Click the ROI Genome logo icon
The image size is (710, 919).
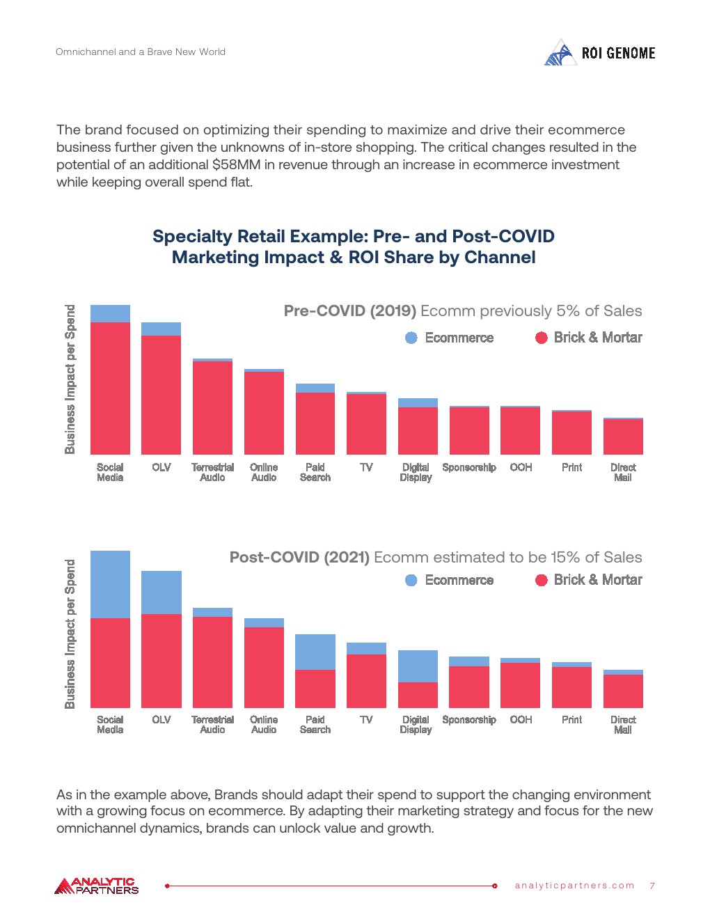click(x=560, y=54)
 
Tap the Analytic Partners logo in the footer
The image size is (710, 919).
click(x=97, y=886)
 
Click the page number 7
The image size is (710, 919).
click(x=652, y=886)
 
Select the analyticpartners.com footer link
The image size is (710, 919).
click(x=574, y=886)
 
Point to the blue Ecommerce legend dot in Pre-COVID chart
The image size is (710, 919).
click(x=411, y=338)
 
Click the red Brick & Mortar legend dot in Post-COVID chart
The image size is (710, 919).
click(x=542, y=580)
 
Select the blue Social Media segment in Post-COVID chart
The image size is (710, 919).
click(x=110, y=584)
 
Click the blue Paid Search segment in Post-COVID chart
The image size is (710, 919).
click(x=315, y=652)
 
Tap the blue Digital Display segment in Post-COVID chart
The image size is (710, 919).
click(x=418, y=666)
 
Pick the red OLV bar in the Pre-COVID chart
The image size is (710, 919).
click(x=161, y=395)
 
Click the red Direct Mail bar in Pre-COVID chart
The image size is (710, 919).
click(x=623, y=437)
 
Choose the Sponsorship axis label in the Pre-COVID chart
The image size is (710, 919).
click(x=469, y=467)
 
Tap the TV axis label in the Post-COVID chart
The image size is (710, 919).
click(x=367, y=720)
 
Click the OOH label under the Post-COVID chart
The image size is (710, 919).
click(x=521, y=720)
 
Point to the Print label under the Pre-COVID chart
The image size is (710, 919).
click(x=571, y=467)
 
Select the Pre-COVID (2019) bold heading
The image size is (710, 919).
click(x=349, y=311)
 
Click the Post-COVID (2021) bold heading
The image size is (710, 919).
click(x=299, y=558)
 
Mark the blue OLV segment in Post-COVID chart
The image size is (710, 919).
click(x=161, y=592)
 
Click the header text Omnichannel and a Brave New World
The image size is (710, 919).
click(x=141, y=52)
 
